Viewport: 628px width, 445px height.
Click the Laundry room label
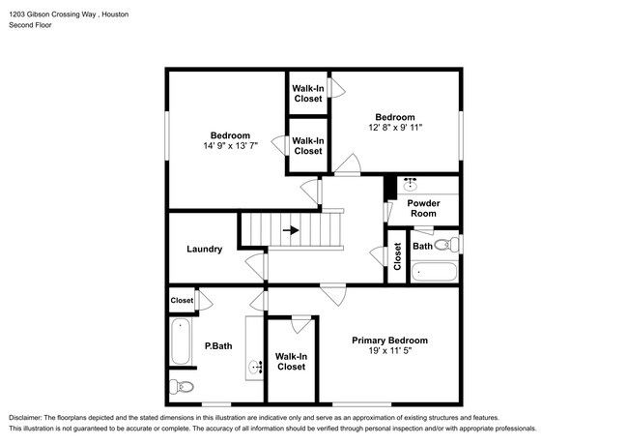[x=204, y=249]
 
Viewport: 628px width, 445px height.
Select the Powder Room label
[x=423, y=209]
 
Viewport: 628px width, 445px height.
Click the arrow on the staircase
[x=291, y=231]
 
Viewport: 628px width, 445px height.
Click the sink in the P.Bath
[x=257, y=367]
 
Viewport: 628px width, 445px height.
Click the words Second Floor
[x=31, y=25]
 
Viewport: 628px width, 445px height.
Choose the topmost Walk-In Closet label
[x=307, y=93]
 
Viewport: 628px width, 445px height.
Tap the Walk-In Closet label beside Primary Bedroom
[x=291, y=361]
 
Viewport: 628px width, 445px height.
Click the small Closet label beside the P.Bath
[x=182, y=301]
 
